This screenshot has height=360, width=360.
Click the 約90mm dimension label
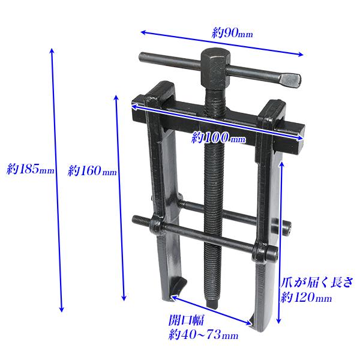[x=232, y=34]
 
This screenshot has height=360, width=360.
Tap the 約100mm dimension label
[x=218, y=137]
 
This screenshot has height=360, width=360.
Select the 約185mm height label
[x=31, y=169]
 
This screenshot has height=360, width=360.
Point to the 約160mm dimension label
[x=92, y=170]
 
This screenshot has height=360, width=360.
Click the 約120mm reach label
[x=306, y=298]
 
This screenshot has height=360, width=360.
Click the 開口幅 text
[x=186, y=319]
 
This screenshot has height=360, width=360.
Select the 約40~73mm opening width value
[x=203, y=335]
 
